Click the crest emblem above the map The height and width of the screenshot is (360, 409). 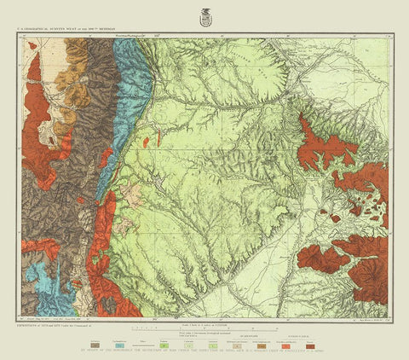(x=204, y=15)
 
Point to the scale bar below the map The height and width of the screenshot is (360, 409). (x=204, y=328)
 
